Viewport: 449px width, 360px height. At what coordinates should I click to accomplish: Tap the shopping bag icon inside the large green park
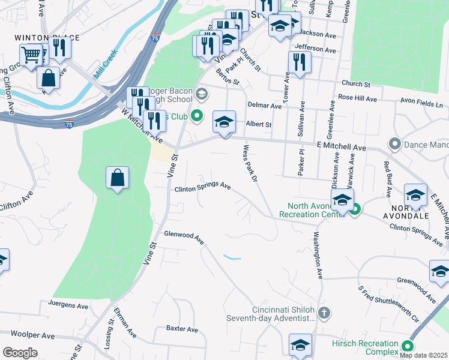tap(117, 178)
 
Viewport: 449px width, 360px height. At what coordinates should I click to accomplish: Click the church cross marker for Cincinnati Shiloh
tap(324, 312)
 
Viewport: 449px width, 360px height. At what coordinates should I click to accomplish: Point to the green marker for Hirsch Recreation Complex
tap(408, 346)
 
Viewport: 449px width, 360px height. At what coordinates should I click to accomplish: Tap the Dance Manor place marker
tap(394, 144)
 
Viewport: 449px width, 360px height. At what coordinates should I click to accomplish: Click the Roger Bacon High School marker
tap(202, 93)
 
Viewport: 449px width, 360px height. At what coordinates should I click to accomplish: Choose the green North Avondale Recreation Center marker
tap(355, 209)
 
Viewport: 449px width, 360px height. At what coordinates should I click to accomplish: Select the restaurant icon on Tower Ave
tap(299, 62)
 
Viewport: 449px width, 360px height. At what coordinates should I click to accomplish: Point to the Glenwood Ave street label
tap(184, 238)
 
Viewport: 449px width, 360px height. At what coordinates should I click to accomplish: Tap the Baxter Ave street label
tap(182, 329)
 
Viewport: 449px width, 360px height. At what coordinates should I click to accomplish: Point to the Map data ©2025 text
tap(424, 355)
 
